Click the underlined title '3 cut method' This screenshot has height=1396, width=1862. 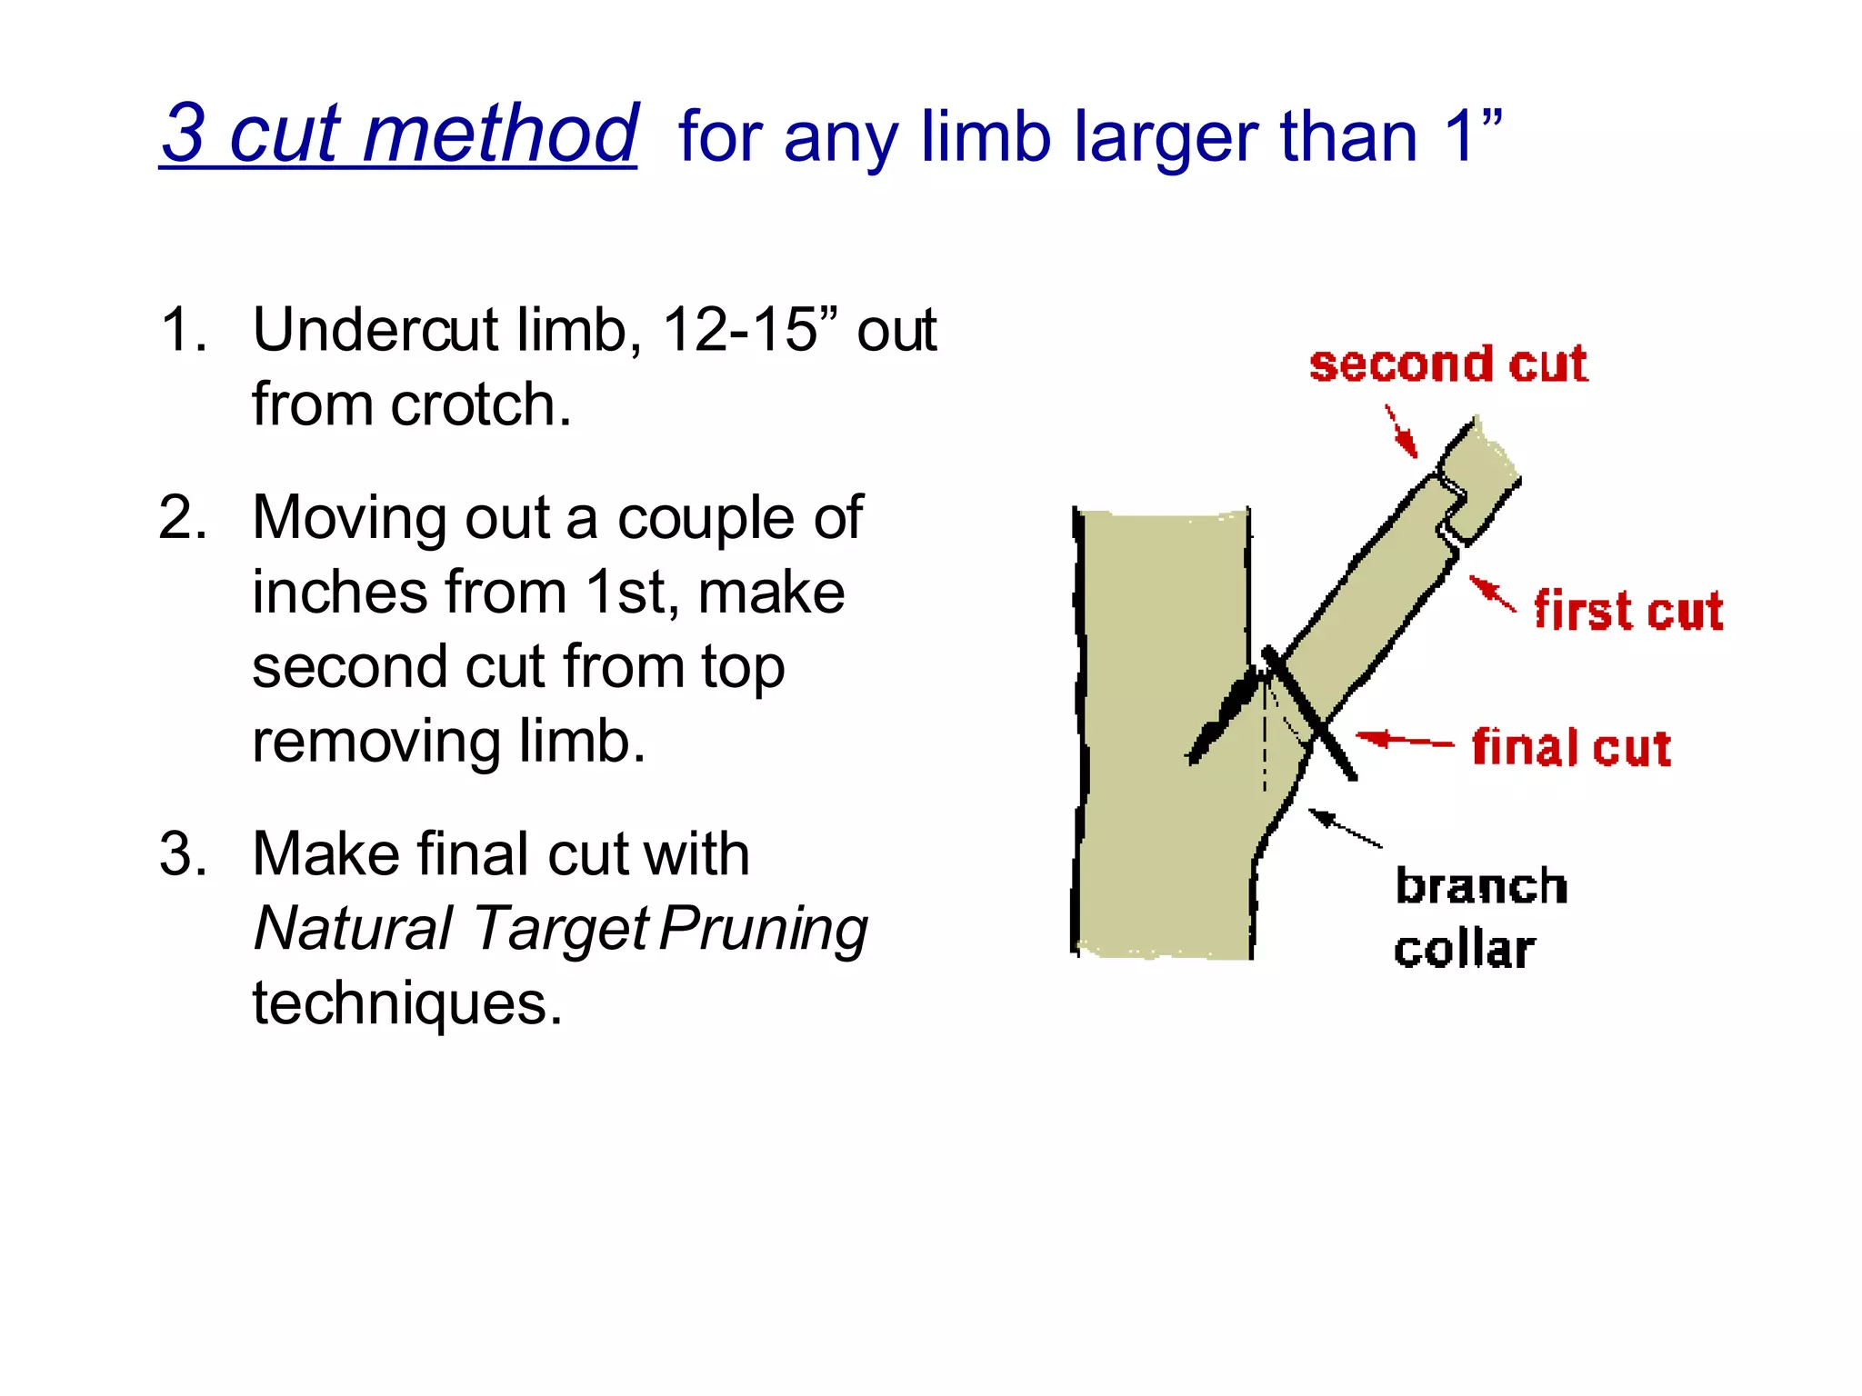(x=399, y=135)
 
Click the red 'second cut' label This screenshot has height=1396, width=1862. (x=1447, y=364)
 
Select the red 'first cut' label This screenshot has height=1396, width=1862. (x=1627, y=610)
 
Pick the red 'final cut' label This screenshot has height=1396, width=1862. (x=1571, y=748)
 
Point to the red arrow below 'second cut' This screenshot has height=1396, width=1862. (x=1401, y=431)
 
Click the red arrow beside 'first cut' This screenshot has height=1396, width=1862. (x=1492, y=593)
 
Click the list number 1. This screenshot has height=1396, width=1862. (x=181, y=329)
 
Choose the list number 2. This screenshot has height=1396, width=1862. (x=181, y=518)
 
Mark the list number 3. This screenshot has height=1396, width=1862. (x=181, y=854)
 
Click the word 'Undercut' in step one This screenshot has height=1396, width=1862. (x=375, y=329)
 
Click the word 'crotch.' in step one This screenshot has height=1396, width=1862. (x=481, y=404)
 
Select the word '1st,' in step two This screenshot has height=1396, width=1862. (x=631, y=593)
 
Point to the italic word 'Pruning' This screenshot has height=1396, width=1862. (x=764, y=930)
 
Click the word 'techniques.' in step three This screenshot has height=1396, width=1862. (x=407, y=1003)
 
